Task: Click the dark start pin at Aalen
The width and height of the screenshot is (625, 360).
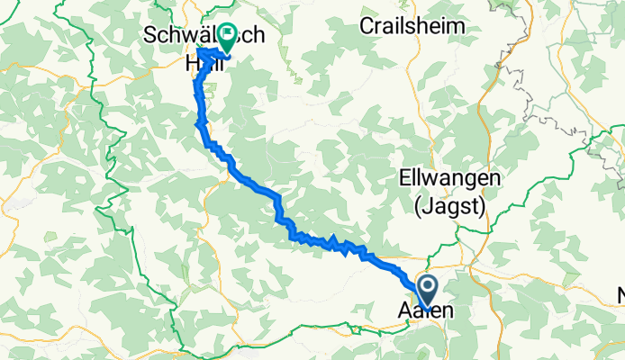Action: (x=426, y=290)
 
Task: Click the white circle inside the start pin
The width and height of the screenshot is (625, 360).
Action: (x=426, y=287)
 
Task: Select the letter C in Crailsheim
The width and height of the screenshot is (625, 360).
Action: (x=365, y=25)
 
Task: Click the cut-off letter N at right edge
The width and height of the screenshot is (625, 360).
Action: (x=620, y=295)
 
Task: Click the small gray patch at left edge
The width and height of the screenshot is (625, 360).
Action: (x=14, y=205)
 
